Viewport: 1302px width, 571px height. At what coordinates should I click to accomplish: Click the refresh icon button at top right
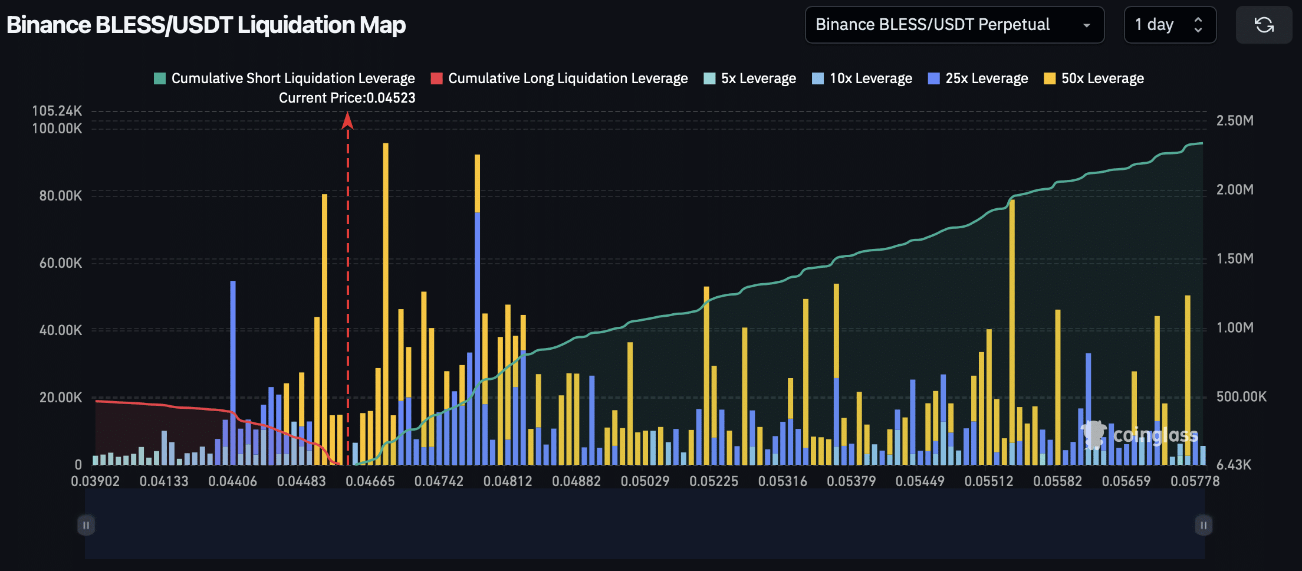[1264, 25]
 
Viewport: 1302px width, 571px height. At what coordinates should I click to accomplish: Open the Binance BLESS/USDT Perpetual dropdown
[954, 25]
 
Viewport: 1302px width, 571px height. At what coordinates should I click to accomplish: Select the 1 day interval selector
[1169, 25]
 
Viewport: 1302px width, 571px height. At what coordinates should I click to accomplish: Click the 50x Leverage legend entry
[1094, 78]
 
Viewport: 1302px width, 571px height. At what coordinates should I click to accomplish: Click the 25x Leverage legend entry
[978, 78]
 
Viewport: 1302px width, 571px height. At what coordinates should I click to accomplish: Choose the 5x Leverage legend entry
[750, 78]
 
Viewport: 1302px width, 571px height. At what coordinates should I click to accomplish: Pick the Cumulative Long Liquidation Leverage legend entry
[560, 78]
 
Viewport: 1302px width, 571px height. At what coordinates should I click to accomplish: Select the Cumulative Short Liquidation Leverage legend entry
[285, 78]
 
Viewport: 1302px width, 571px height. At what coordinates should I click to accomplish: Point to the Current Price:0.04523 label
[347, 98]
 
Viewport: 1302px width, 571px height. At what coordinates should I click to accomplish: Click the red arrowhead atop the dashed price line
[347, 121]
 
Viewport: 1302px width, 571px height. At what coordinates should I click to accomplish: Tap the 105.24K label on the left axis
[57, 111]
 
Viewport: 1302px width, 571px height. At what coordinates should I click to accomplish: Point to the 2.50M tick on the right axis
[1235, 121]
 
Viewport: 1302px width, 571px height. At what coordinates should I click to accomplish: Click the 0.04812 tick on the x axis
[508, 481]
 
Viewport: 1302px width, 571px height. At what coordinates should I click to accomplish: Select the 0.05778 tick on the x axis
[1195, 481]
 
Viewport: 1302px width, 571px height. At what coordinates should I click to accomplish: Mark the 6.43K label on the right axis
[1234, 465]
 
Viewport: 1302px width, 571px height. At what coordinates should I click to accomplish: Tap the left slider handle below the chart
[86, 525]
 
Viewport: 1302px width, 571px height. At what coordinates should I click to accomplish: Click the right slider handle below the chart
[1204, 525]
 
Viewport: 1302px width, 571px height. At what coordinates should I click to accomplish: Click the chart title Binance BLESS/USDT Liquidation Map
[206, 25]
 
